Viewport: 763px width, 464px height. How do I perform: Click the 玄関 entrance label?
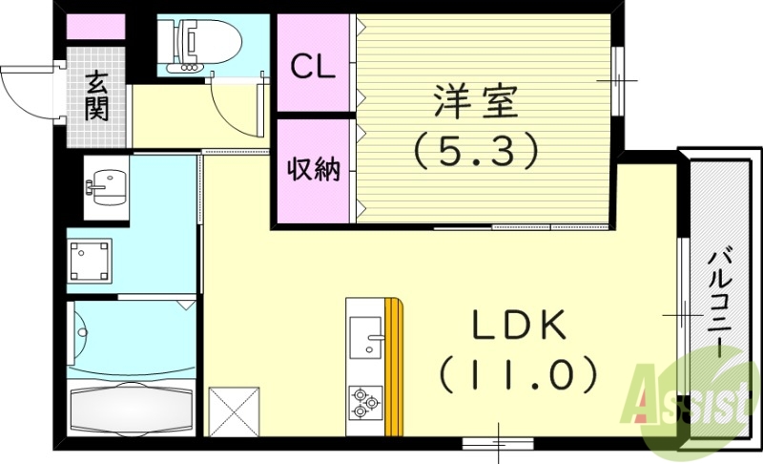(96, 96)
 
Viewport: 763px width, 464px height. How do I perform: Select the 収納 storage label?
(314, 170)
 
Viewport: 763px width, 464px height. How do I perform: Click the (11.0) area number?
(518, 373)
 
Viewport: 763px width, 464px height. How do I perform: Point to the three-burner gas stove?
(364, 401)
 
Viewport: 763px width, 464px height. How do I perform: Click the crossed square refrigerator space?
(233, 410)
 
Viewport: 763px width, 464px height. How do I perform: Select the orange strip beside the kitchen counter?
(394, 368)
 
